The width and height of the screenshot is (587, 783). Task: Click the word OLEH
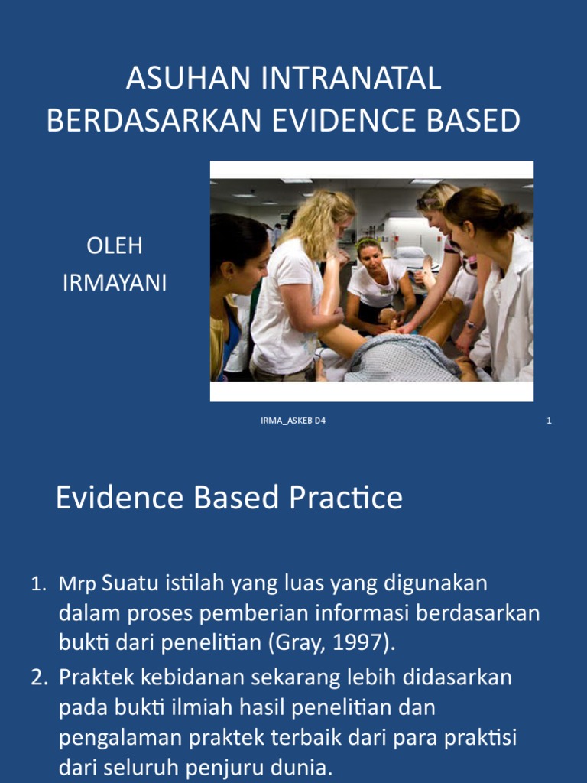tap(114, 246)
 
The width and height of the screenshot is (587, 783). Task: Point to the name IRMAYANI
tap(114, 284)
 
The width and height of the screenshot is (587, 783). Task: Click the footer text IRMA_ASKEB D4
tap(293, 421)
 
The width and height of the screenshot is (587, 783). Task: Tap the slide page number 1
tap(549, 421)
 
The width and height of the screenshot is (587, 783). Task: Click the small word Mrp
tap(77, 585)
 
